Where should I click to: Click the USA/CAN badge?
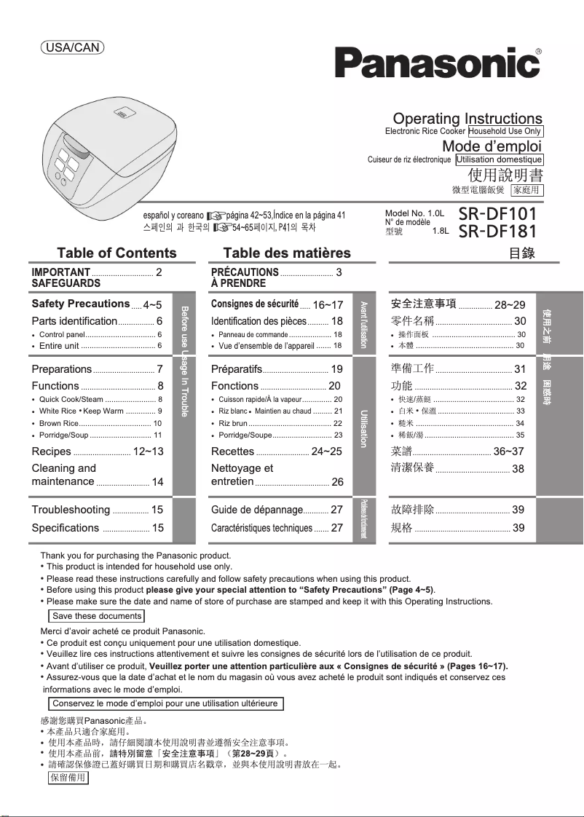72,47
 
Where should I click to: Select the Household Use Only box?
505,132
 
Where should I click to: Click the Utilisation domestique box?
499,159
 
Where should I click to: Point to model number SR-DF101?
498,215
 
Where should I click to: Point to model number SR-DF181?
498,232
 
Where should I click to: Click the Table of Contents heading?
117,253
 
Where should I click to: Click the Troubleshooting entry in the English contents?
71,510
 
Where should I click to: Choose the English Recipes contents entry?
52,451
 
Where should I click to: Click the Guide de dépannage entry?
256,510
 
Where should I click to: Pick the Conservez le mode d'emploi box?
165,703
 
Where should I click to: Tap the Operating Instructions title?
467,118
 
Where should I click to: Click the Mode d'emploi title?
492,146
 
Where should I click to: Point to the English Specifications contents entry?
66,528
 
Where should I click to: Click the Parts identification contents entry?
74,321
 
